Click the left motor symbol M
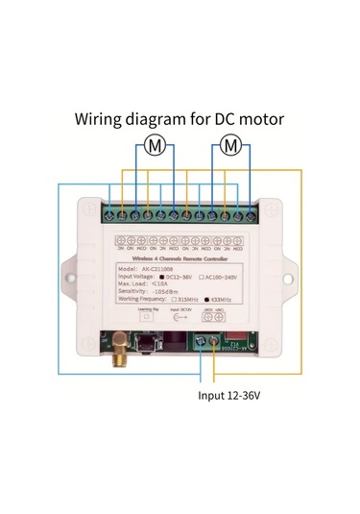pos(154,146)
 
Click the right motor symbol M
pos(229,146)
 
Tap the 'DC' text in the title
pos(225,121)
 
